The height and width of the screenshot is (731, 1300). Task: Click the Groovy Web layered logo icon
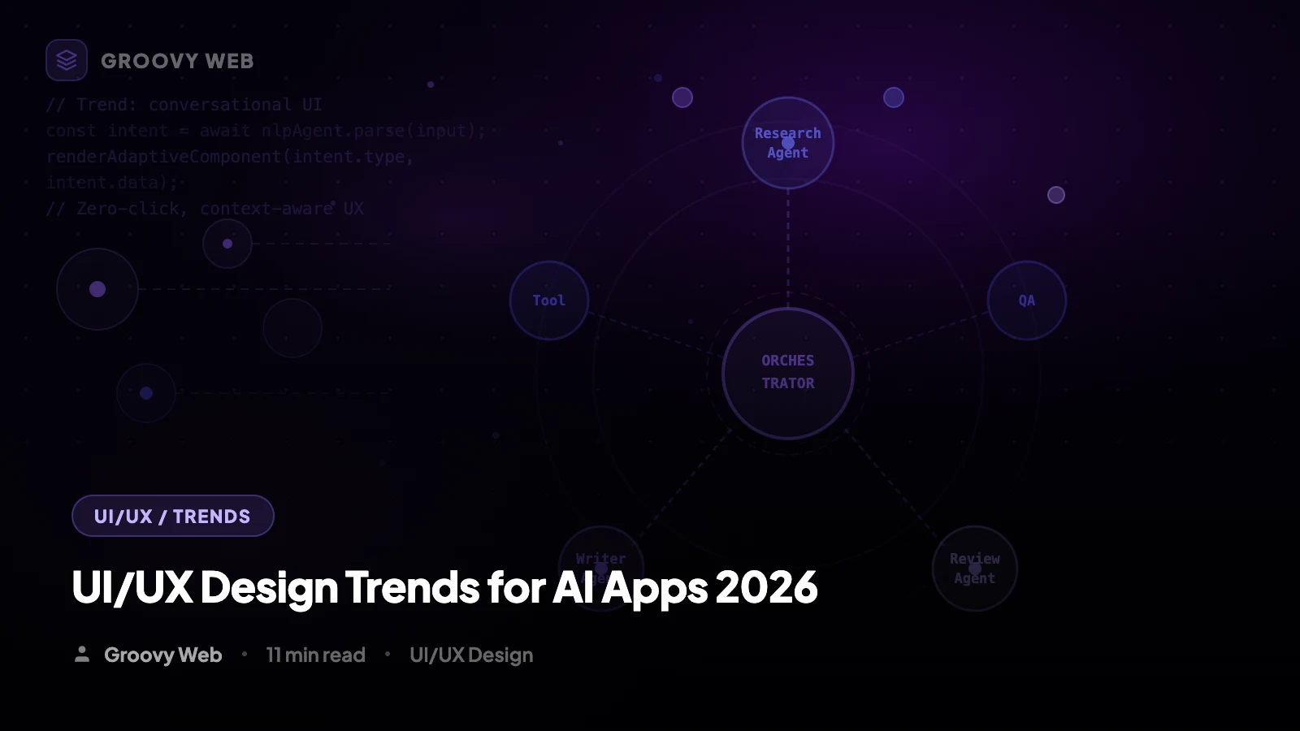pyautogui.click(x=67, y=60)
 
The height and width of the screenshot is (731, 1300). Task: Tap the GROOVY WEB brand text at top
pyautogui.click(x=177, y=61)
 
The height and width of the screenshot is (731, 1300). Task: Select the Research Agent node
pyautogui.click(x=787, y=143)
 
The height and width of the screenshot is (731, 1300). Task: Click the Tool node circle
pyautogui.click(x=549, y=301)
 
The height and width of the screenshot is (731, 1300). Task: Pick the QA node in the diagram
pyautogui.click(x=1027, y=301)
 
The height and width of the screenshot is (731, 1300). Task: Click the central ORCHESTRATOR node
pyautogui.click(x=787, y=373)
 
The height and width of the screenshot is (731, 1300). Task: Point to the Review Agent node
pyautogui.click(x=974, y=568)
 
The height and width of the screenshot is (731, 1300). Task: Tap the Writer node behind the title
pyautogui.click(x=600, y=552)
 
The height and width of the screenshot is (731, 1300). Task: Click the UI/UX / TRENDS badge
pyautogui.click(x=172, y=516)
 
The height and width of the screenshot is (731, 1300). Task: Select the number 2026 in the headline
pyautogui.click(x=766, y=587)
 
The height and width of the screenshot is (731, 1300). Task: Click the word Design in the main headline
pyautogui.click(x=269, y=587)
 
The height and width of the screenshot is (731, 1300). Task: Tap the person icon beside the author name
pyautogui.click(x=82, y=654)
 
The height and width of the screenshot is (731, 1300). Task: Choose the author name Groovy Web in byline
pyautogui.click(x=162, y=655)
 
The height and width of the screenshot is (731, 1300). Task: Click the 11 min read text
pyautogui.click(x=315, y=655)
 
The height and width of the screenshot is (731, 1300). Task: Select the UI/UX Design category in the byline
pyautogui.click(x=471, y=655)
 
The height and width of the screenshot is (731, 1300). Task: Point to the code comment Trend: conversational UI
pyautogui.click(x=184, y=105)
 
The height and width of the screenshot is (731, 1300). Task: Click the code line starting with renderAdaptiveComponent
pyautogui.click(x=230, y=157)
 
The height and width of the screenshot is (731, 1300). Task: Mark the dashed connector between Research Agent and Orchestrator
pyautogui.click(x=787, y=248)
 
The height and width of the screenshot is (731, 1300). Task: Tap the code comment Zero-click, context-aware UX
pyautogui.click(x=205, y=209)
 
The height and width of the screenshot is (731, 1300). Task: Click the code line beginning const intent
pyautogui.click(x=265, y=131)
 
